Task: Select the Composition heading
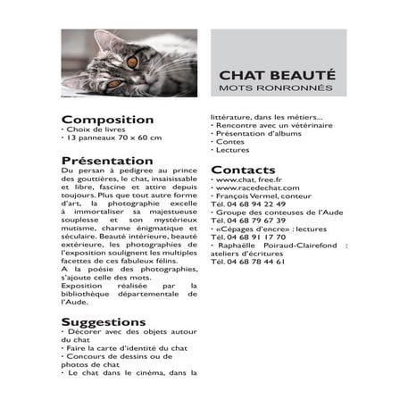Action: click(x=107, y=119)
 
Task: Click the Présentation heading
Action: click(x=107, y=160)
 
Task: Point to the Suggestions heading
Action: click(x=103, y=321)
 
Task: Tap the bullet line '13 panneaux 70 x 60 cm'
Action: click(x=112, y=138)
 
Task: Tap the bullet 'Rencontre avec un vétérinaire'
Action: click(x=269, y=126)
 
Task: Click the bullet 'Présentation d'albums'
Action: click(x=258, y=134)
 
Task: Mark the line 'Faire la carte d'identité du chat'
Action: click(x=127, y=347)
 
